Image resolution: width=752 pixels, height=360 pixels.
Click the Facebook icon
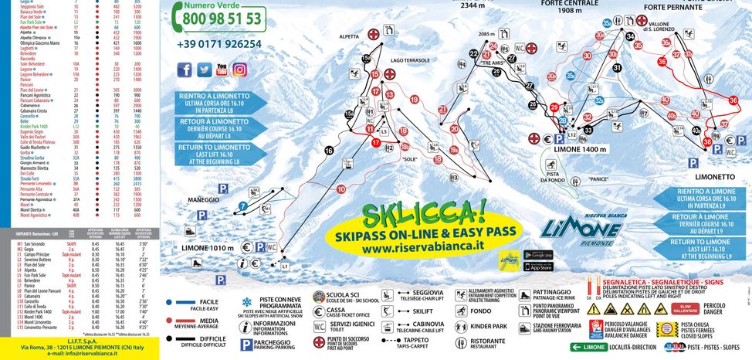pos(185,70)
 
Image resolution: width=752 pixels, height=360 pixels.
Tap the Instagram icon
pos(240,70)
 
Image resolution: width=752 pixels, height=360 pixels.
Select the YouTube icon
pos(222,70)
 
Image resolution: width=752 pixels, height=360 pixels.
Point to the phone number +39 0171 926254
pos(218,45)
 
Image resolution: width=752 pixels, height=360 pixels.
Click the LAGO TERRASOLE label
pos(410,59)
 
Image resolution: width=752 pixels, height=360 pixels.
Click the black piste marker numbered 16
pos(329,151)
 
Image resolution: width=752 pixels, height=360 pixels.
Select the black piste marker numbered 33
pos(588,130)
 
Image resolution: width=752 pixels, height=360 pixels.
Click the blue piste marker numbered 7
pos(242,205)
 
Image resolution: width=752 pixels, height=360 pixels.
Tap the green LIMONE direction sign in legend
pos(594,348)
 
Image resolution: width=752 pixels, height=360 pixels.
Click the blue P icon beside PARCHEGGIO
pos(245,345)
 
